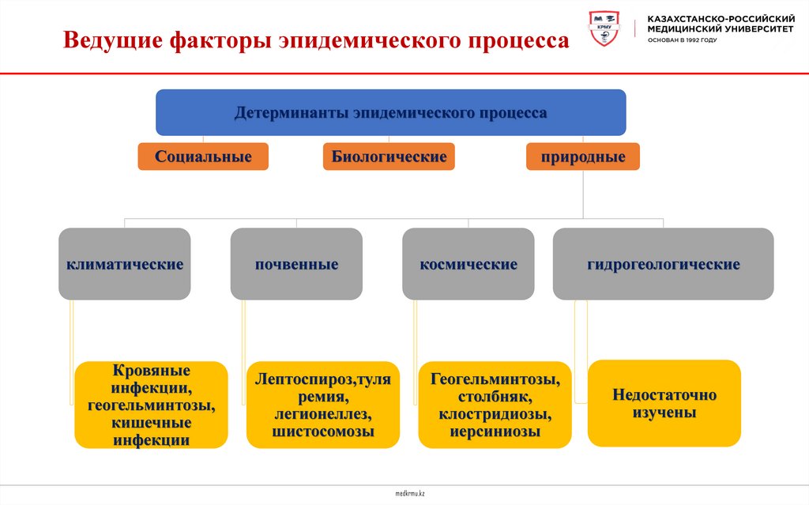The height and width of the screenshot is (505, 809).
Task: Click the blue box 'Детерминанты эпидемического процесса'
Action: point(390,112)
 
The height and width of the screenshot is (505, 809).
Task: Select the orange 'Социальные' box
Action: point(203,156)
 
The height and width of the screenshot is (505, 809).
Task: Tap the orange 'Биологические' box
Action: point(389,156)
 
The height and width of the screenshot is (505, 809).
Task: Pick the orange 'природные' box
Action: point(583,156)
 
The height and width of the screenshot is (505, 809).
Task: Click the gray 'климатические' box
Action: point(125,264)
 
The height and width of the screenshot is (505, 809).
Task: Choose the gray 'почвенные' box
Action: point(296,264)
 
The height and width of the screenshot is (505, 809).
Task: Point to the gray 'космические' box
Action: point(468,264)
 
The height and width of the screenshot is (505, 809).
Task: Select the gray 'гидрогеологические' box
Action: point(663,264)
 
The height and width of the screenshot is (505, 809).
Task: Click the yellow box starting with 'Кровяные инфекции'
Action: point(151,405)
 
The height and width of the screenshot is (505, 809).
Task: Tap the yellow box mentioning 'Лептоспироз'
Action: point(323,405)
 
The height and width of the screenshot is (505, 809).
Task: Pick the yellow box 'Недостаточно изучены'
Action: point(664,403)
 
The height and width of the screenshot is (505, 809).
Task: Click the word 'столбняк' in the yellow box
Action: point(496,397)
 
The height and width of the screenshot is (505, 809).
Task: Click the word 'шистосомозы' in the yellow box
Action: point(323,432)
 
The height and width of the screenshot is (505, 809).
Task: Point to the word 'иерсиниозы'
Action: point(495,432)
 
